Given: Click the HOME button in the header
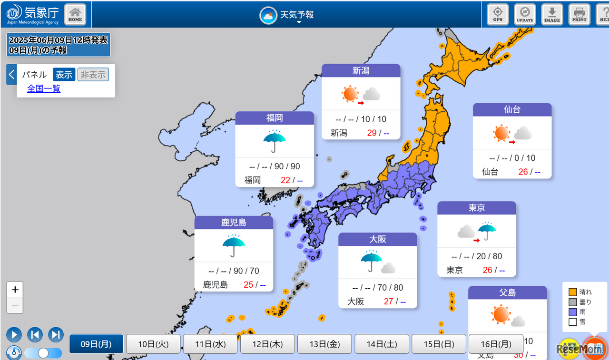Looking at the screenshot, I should [75, 14].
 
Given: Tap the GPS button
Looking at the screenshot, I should [498, 14].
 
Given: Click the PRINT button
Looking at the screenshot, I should [580, 14].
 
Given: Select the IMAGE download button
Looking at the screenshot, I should [552, 14].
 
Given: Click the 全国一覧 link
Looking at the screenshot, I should [44, 88].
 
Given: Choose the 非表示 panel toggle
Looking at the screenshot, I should [93, 75].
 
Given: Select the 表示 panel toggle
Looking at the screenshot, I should [64, 75].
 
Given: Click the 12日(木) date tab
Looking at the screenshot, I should [267, 344].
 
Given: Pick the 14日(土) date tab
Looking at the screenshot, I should [382, 344].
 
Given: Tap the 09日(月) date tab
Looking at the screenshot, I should [96, 344].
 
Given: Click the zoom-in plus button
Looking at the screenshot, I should [15, 290].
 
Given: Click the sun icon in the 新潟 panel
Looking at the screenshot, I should [350, 94].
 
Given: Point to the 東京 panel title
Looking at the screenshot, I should [476, 208].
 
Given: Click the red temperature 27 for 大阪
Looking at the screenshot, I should [389, 302].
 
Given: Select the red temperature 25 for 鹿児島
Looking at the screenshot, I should [248, 285].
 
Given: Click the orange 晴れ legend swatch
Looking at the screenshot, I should [573, 292].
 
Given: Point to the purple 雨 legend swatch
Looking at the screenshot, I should [573, 312].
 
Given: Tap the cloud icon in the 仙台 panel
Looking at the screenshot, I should [523, 133].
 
